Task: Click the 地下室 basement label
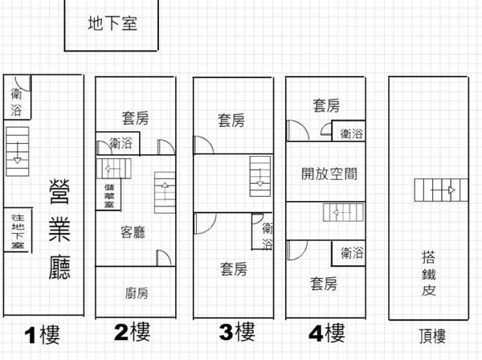[112, 23]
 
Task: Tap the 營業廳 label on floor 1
[59, 229]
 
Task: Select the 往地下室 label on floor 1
[18, 231]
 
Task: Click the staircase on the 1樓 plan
[18, 152]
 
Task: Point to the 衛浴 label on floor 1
[16, 101]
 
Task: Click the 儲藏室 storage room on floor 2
[108, 194]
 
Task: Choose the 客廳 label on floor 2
[133, 232]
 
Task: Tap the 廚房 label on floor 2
[137, 293]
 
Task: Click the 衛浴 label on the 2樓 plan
[120, 143]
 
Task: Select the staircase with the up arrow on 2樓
[165, 192]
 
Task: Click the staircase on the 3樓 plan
[260, 177]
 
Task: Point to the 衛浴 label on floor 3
[268, 236]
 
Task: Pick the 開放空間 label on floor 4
[329, 174]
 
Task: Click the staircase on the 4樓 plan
[343, 212]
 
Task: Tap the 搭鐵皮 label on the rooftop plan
[429, 273]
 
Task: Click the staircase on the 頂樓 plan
[441, 190]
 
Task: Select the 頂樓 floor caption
[432, 336]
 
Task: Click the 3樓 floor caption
[237, 332]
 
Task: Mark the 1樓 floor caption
[42, 334]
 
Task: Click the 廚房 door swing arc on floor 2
[165, 256]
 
